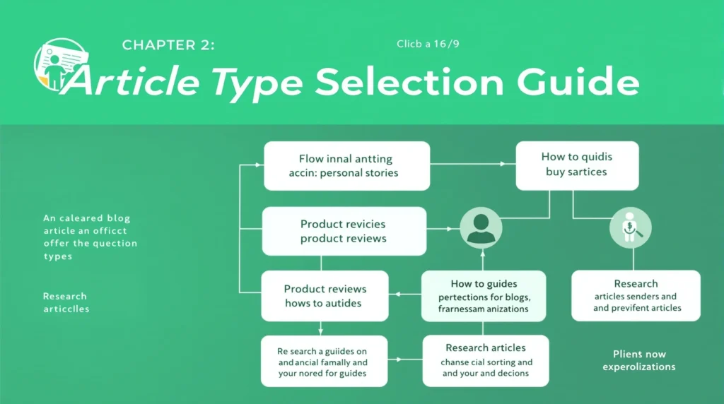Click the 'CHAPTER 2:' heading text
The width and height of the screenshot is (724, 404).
click(168, 46)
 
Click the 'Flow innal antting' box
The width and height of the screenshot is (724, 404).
click(346, 166)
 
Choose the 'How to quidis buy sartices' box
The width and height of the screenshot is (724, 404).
click(577, 165)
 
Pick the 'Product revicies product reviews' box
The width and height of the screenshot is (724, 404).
click(344, 231)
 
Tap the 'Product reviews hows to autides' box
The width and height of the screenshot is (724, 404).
click(325, 296)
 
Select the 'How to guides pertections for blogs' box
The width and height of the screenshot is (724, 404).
click(484, 296)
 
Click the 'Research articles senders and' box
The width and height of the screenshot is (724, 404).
click(636, 295)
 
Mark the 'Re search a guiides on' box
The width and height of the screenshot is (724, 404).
click(323, 361)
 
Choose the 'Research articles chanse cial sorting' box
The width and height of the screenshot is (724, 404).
click(486, 360)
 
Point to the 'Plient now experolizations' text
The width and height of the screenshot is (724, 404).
click(639, 360)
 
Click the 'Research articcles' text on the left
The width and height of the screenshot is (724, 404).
click(66, 302)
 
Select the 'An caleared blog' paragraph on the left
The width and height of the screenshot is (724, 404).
click(90, 237)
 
